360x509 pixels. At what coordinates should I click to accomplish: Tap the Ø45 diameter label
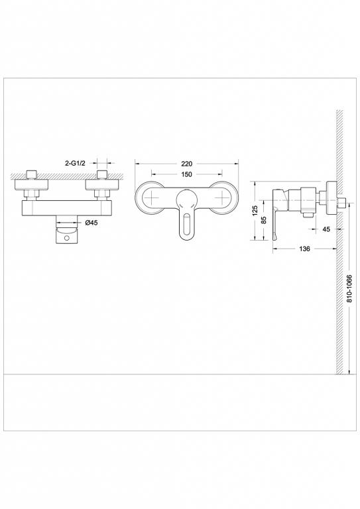91,223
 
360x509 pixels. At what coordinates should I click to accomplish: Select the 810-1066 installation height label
349,290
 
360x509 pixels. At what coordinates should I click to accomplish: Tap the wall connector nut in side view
326,197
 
